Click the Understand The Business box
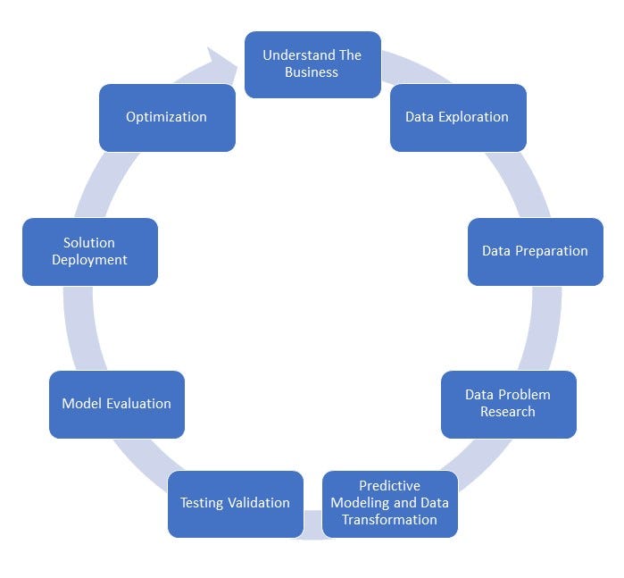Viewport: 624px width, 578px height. (x=312, y=64)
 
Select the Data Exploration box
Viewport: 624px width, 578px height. (x=458, y=117)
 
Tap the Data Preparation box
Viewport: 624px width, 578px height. (x=535, y=251)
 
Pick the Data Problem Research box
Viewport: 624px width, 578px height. (x=508, y=404)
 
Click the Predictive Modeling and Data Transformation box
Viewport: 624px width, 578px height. (x=389, y=503)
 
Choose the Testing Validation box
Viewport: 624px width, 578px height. (x=235, y=503)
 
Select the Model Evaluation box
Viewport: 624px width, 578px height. (x=116, y=404)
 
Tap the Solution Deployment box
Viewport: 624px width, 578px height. (x=89, y=251)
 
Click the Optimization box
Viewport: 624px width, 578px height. (x=167, y=117)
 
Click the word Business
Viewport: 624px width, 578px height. (x=312, y=72)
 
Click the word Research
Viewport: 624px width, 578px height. (x=508, y=412)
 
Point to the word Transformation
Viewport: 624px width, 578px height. (x=389, y=520)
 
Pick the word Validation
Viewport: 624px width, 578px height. (x=259, y=503)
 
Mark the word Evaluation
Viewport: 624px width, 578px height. (x=138, y=404)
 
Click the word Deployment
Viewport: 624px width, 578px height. (x=89, y=260)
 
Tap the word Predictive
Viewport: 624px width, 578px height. (x=389, y=486)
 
